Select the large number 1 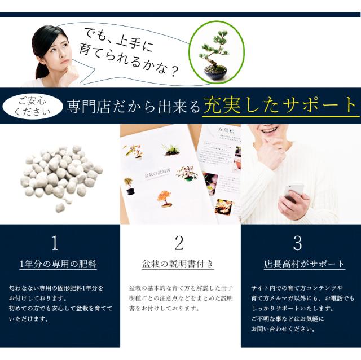55,243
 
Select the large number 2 179,243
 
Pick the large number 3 297,243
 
